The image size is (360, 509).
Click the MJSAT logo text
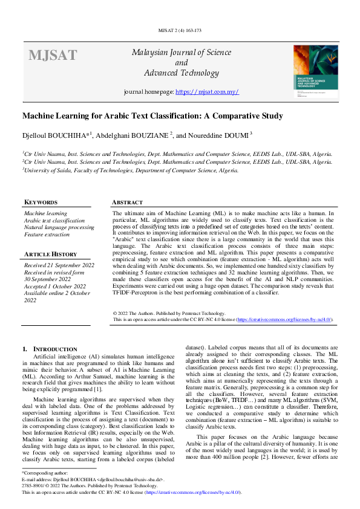[x=53, y=56]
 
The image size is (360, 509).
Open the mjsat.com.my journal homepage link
[x=207, y=92]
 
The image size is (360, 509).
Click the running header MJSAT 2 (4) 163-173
[x=180, y=29]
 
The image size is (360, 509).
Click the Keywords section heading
[x=41, y=203]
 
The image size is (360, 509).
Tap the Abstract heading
[x=128, y=203]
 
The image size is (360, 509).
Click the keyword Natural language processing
[x=59, y=227]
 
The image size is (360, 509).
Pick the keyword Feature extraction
[x=47, y=234]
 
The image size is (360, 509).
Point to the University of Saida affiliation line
[x=130, y=170]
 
